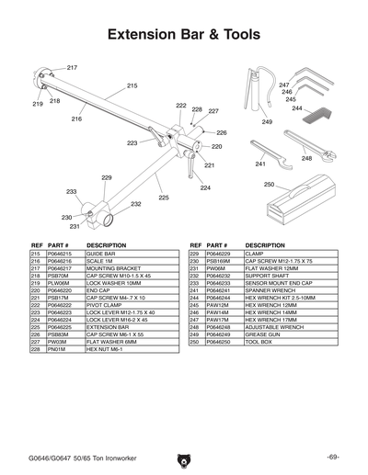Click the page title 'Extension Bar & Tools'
point(184,36)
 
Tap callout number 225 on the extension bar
point(163,198)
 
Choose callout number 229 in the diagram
point(107,177)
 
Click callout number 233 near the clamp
point(72,191)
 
